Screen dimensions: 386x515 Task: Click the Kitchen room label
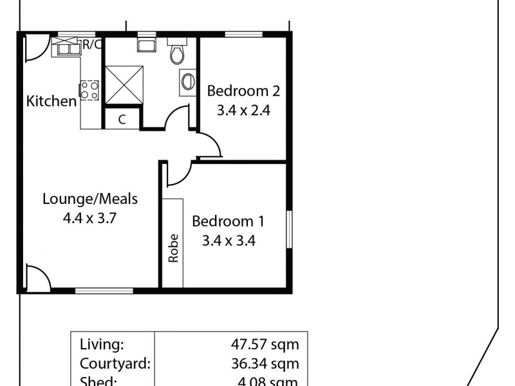pyautogui.click(x=51, y=101)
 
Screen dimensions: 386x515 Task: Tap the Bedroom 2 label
pyautogui.click(x=243, y=91)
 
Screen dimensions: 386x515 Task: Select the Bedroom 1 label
pyautogui.click(x=229, y=222)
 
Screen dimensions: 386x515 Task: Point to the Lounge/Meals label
pyautogui.click(x=89, y=199)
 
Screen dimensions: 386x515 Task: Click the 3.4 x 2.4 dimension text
pyautogui.click(x=243, y=110)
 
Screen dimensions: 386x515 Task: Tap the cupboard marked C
pyautogui.click(x=122, y=119)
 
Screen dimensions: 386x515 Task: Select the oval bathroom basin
pyautogui.click(x=187, y=82)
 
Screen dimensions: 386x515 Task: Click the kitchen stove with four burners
pyautogui.click(x=89, y=90)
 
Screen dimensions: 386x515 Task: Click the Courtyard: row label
pyautogui.click(x=115, y=363)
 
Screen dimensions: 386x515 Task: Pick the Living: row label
pyautogui.click(x=102, y=344)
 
